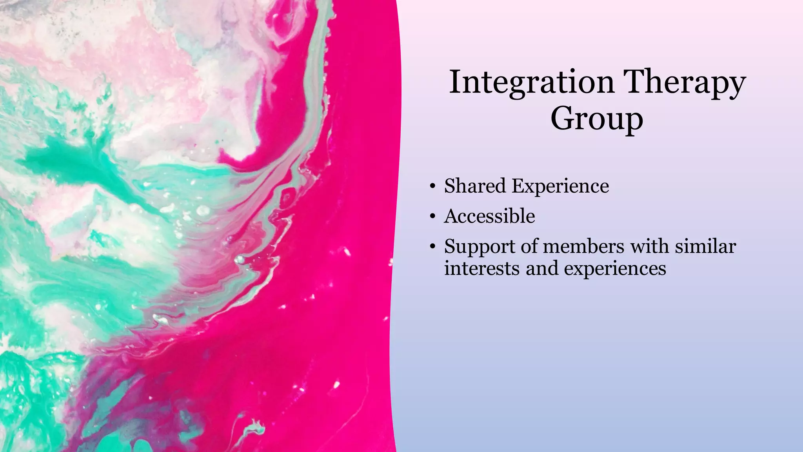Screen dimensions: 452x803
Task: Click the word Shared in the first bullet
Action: (474, 186)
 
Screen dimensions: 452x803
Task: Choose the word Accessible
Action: (489, 216)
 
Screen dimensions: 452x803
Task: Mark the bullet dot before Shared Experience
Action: (432, 186)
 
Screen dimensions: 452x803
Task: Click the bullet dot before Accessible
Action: (432, 217)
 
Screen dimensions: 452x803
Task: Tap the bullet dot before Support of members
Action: (432, 247)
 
